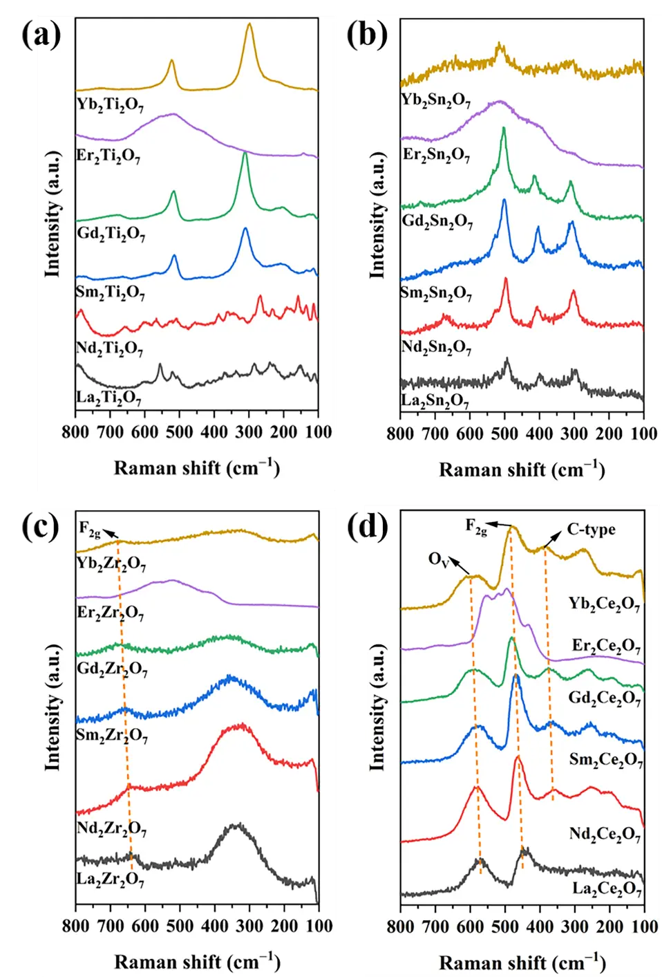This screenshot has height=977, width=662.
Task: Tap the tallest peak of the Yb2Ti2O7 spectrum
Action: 249,25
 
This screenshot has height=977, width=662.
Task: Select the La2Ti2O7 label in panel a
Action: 109,398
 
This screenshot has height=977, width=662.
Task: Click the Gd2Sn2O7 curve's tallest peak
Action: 504,129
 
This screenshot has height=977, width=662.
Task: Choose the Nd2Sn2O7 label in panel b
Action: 437,346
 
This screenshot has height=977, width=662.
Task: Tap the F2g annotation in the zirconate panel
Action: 90,529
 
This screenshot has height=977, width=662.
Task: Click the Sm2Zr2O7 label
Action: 112,735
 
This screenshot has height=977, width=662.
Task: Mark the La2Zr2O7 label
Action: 111,880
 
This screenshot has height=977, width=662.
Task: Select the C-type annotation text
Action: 591,530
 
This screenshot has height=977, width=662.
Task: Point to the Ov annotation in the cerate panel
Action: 439,559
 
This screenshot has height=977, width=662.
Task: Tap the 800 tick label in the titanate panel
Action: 75,433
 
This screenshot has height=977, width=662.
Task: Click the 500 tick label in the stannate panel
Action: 505,434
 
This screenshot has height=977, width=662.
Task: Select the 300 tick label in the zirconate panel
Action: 249,926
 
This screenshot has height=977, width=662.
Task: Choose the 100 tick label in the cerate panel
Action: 644,927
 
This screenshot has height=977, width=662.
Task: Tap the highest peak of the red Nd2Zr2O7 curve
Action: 240,725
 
